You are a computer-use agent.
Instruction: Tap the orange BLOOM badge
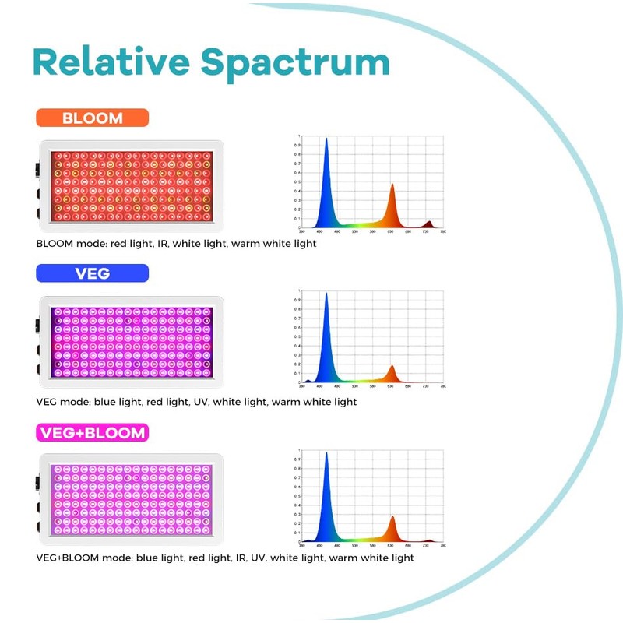pyautogui.click(x=92, y=118)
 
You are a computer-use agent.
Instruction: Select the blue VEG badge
pyautogui.click(x=92, y=273)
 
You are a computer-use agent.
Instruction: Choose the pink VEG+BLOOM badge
pyautogui.click(x=92, y=432)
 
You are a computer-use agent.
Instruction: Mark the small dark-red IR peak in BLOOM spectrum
pyautogui.click(x=428, y=224)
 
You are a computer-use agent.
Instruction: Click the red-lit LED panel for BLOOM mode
pyautogui.click(x=132, y=185)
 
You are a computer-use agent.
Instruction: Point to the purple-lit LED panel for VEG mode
pyautogui.click(x=132, y=341)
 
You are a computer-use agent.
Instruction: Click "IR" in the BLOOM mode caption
pyautogui.click(x=160, y=244)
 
